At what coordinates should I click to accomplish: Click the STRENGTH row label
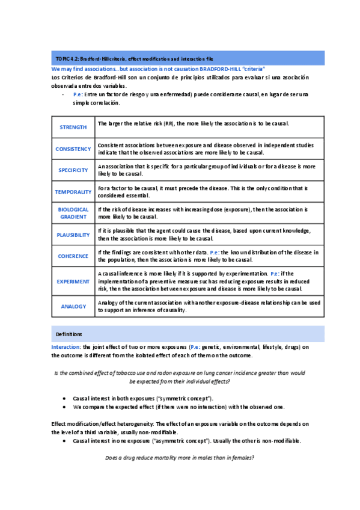coord(73,127)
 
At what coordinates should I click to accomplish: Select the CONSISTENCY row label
coord(73,149)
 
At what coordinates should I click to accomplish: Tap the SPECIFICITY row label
coord(73,170)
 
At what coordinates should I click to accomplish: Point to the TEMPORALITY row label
coord(73,192)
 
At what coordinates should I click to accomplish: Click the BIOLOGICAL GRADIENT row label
coord(73,213)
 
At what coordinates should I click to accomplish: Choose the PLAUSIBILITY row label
coord(73,235)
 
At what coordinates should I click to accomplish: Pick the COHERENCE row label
coord(73,256)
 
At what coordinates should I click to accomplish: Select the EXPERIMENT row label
coord(73,281)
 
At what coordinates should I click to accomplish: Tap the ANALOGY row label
coord(73,306)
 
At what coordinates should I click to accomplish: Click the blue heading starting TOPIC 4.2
coord(133,59)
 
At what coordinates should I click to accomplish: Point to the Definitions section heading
coord(69,334)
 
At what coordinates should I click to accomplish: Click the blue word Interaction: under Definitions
coord(67,347)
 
